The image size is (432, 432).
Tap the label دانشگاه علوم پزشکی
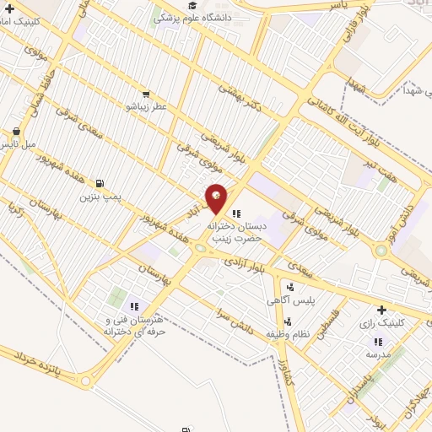coord(202,17)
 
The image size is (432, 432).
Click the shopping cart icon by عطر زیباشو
coord(146,94)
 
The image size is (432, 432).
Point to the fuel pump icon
coord(100,183)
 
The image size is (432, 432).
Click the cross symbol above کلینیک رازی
coord(381,310)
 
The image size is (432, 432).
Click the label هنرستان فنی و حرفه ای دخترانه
coord(135,327)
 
